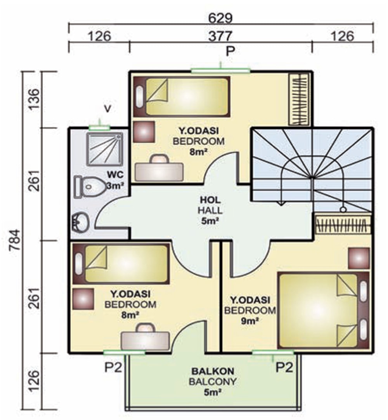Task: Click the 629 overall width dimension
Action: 220,18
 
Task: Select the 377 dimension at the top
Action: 220,36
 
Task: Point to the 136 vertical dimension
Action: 34,99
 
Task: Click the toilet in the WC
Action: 90,187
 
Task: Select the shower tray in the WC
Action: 105,149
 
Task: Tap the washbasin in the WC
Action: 80,222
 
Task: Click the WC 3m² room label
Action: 115,180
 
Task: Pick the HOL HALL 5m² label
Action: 210,210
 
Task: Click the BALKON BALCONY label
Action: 213,376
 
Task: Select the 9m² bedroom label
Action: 250,310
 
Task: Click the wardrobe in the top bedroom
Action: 299,99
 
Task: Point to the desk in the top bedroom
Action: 159,168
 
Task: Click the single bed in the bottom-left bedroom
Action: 121,264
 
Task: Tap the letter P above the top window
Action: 230,51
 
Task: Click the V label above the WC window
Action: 107,109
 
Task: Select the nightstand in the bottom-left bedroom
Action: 83,299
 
